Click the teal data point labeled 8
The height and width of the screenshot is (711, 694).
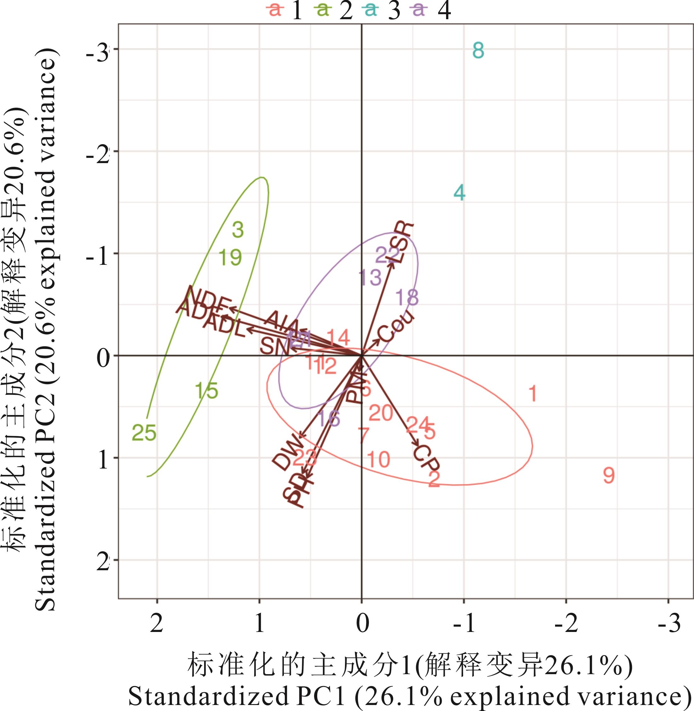478,51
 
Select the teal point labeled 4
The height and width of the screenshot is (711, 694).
459,193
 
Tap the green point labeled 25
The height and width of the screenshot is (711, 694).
144,433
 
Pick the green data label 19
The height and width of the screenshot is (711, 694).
230,258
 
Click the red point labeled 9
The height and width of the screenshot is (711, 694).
609,475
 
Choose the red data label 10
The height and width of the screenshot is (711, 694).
379,459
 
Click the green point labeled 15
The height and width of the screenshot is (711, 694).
207,391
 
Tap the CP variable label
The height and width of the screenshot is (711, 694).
427,461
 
